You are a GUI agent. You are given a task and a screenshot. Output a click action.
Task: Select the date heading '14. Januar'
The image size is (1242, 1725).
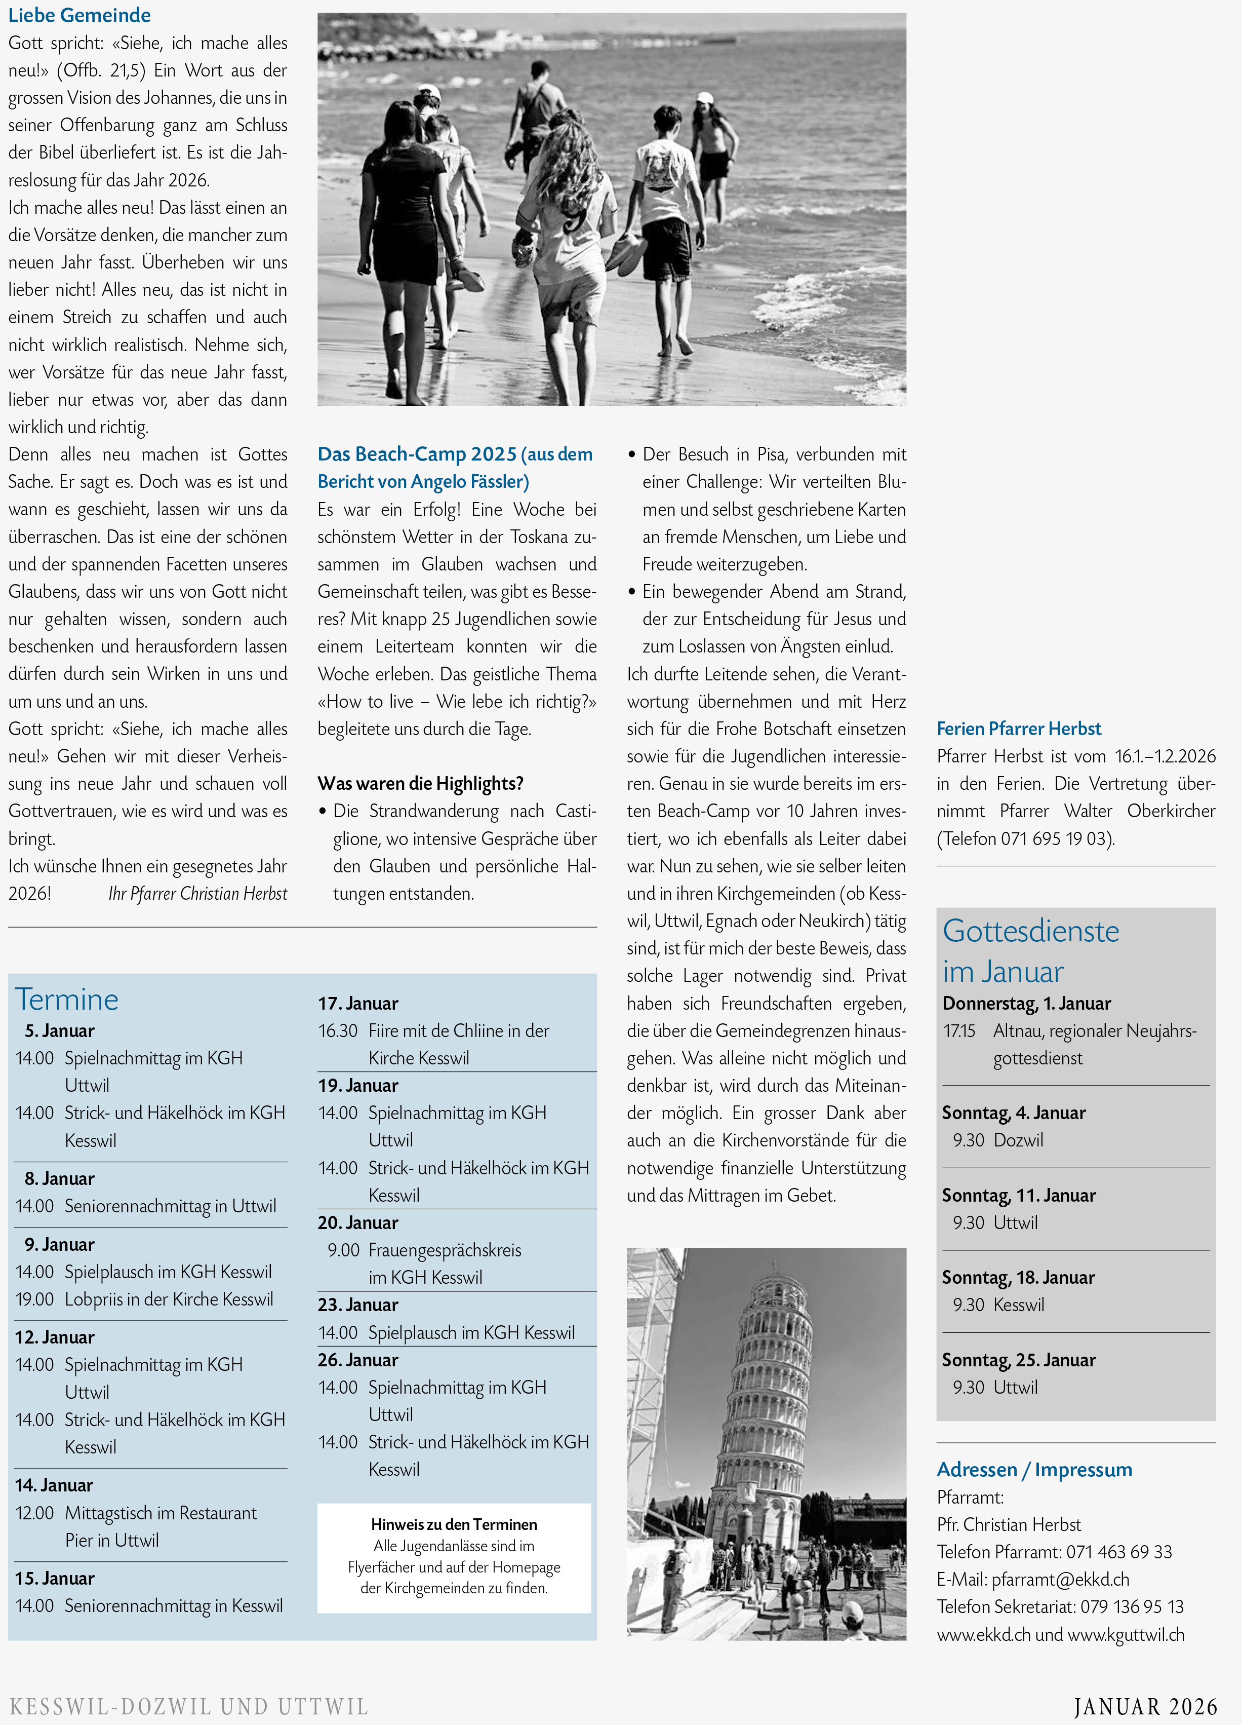[x=55, y=1485]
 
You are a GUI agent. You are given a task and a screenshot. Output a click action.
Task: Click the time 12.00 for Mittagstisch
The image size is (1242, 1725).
[x=35, y=1513]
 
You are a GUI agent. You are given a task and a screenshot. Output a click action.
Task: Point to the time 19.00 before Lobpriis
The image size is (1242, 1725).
[x=35, y=1299]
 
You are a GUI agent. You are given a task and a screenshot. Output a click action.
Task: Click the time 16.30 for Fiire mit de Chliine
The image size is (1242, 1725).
[x=338, y=1030]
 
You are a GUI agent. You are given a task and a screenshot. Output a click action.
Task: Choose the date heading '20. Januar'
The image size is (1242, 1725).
[x=358, y=1222]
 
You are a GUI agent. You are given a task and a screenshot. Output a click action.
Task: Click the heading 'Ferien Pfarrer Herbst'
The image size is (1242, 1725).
[x=1019, y=729]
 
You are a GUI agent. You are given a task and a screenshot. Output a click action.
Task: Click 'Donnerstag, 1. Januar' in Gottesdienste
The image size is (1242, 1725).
[x=1026, y=1003]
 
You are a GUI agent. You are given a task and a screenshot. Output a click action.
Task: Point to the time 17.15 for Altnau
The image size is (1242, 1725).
[x=959, y=1030]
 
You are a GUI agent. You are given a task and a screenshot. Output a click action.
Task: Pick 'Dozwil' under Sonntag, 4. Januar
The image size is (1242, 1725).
[x=1019, y=1140]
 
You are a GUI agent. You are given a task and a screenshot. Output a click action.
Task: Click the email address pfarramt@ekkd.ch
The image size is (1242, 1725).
[x=1060, y=1579]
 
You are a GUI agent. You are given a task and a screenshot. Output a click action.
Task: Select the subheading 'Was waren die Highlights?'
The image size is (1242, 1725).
[x=420, y=783]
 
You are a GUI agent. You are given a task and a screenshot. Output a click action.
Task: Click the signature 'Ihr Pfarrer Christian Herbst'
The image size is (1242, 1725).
[x=197, y=894]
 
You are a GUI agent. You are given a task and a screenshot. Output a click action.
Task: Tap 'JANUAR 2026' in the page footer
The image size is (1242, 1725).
[x=1145, y=1707]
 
